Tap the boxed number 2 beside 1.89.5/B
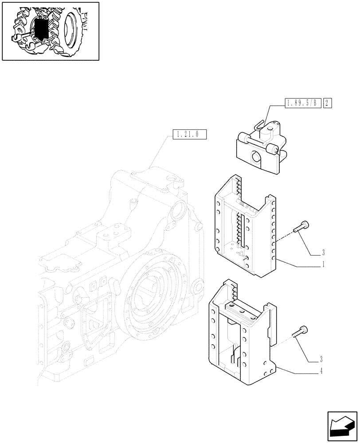pyautogui.click(x=328, y=104)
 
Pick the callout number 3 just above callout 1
pyautogui.click(x=324, y=253)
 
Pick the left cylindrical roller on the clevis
pyautogui.click(x=244, y=136)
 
